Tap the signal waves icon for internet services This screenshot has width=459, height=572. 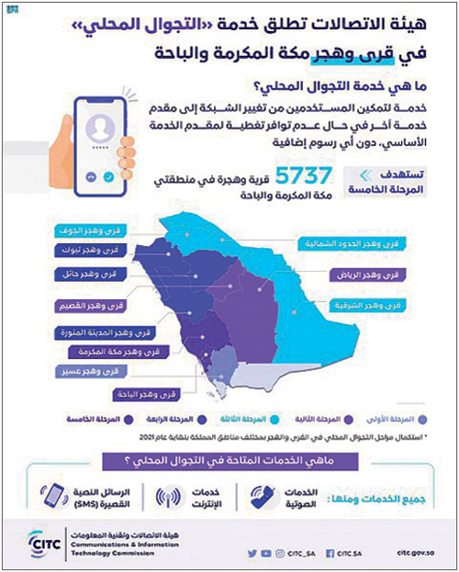170,499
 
